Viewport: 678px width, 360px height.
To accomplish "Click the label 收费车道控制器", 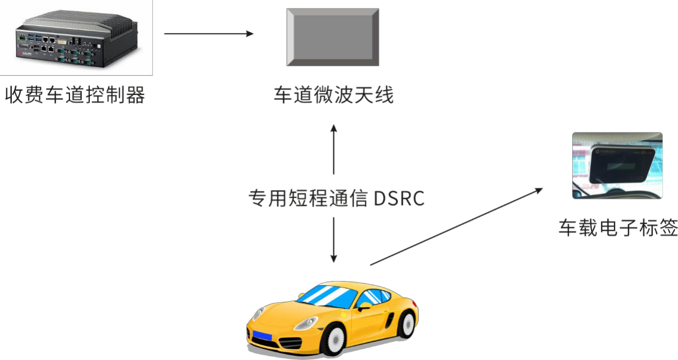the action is (75, 95).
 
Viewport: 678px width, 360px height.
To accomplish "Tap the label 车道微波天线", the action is (333, 95).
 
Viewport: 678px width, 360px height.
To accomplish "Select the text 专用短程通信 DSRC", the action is (336, 199).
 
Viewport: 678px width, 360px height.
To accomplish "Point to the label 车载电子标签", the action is (618, 228).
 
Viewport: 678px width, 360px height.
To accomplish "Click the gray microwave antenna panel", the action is (333, 37).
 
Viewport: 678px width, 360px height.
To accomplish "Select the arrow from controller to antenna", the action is (209, 34).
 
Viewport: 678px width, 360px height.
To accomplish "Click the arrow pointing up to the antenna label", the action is (333, 149).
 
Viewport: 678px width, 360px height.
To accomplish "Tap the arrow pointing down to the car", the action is (333, 240).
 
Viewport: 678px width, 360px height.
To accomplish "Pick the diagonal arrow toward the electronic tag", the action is (456, 226).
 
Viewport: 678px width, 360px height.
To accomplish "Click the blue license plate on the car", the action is (262, 335).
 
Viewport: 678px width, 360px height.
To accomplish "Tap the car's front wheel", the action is (335, 340).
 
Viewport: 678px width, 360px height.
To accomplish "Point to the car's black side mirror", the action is (363, 308).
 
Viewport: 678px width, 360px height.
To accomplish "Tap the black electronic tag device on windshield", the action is (621, 165).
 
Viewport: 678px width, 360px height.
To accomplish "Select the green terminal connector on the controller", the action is (22, 38).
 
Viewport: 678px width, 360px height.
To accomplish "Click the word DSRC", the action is (399, 199).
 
